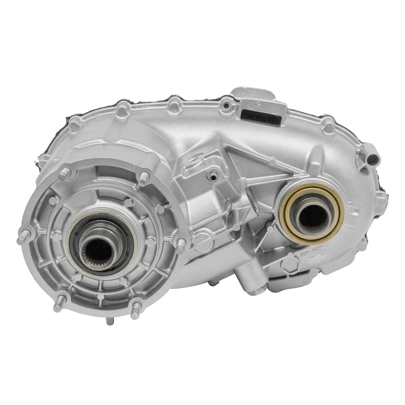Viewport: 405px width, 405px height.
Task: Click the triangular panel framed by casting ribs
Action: click(x=259, y=162)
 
